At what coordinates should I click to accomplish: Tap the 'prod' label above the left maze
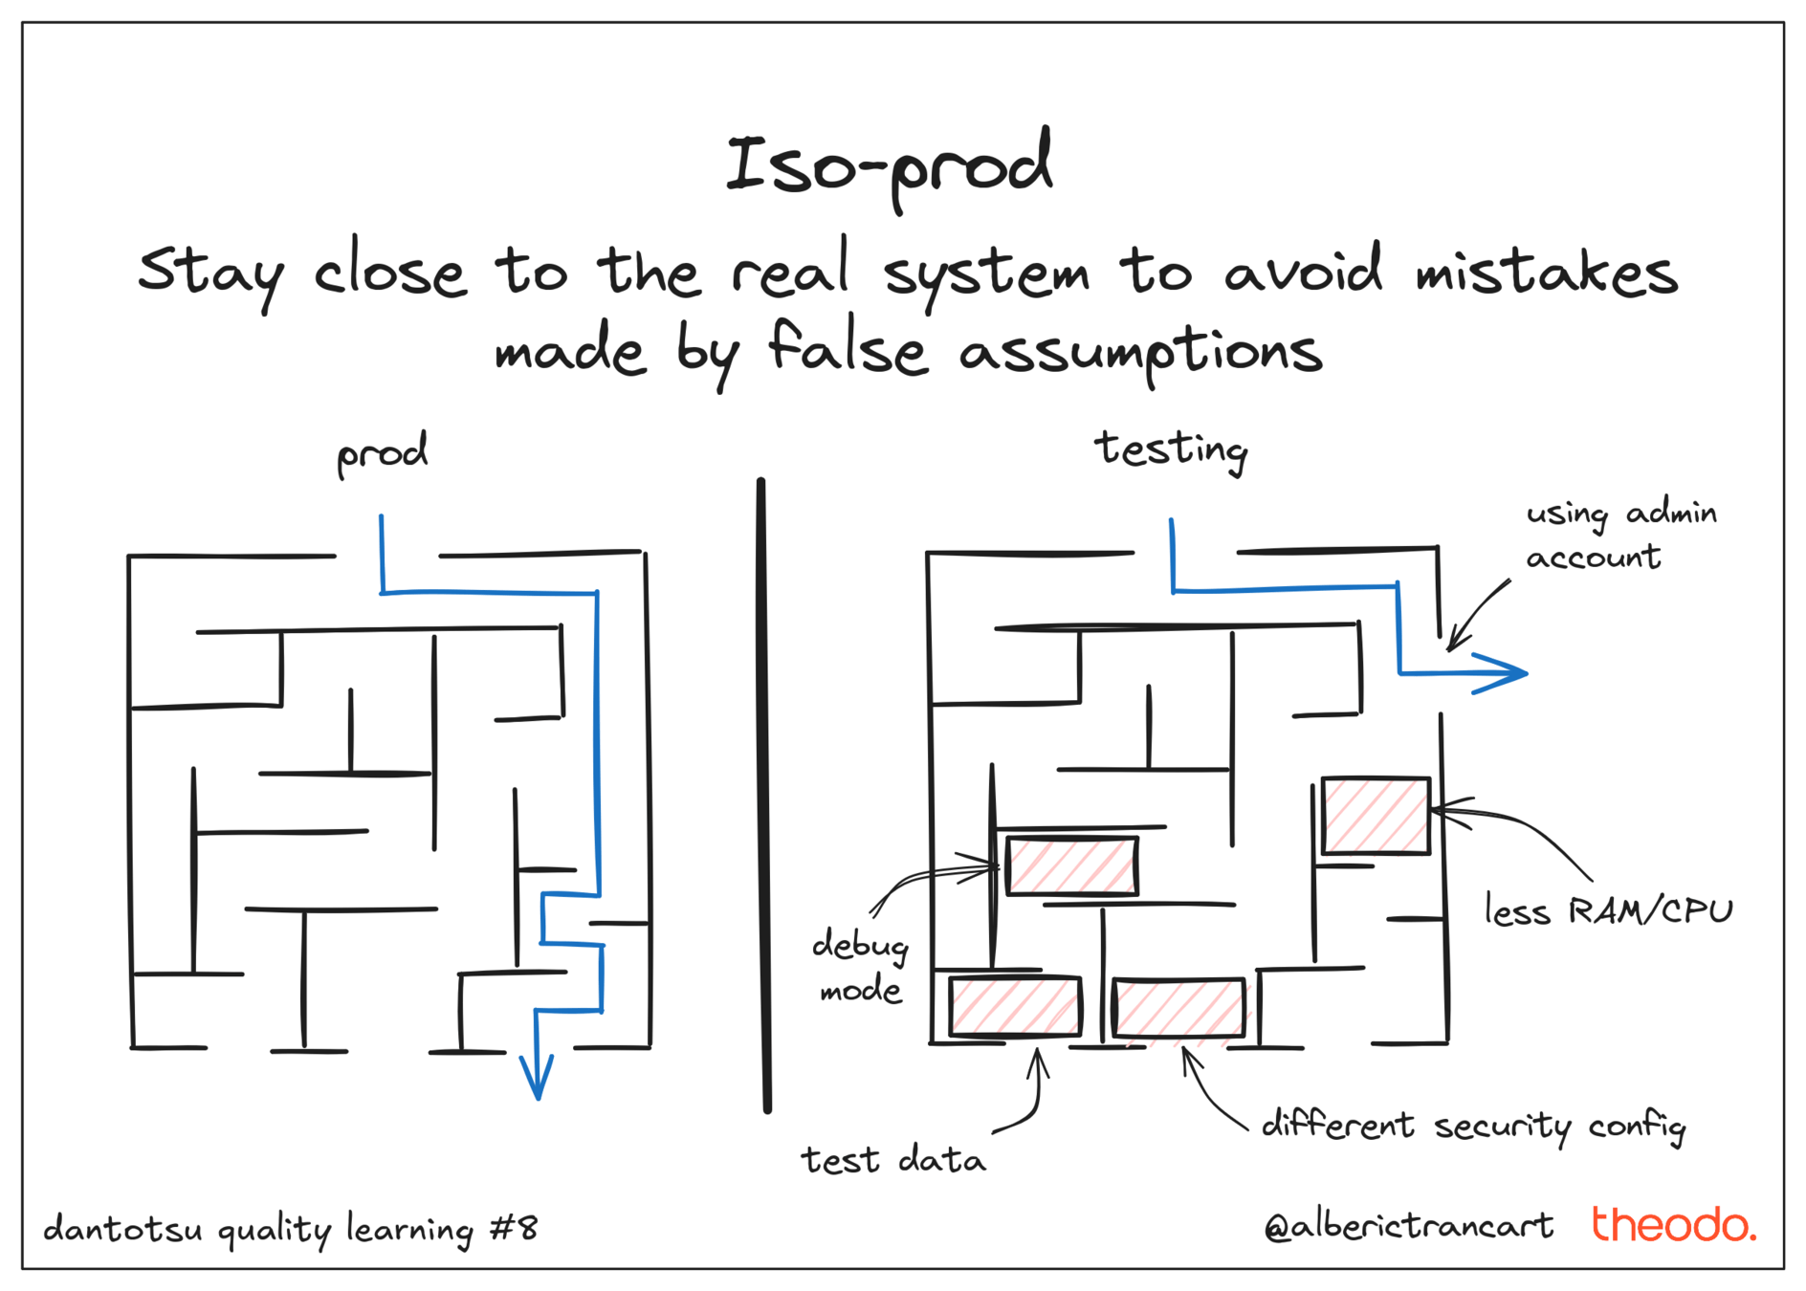382,452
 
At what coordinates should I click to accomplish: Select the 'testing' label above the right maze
1171,449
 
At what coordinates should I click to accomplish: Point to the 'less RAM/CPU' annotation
1608,910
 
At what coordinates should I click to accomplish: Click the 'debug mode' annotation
860,966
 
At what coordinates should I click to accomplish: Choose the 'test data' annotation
892,1160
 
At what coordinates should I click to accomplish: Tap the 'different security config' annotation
1473,1126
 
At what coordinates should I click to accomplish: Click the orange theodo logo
1673,1224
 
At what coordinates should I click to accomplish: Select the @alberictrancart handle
1408,1226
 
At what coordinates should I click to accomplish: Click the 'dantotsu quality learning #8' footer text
291,1229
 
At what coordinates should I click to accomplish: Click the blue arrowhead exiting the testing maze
1502,673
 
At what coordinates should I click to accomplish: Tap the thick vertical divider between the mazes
763,794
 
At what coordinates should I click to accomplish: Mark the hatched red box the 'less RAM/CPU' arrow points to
1376,816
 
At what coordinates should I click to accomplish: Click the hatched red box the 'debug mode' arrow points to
1071,866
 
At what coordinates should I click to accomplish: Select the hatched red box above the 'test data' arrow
1015,1006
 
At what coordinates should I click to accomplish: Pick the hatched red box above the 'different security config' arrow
1178,1008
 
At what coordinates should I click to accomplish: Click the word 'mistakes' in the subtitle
1546,272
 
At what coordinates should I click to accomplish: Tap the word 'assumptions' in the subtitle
1140,352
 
